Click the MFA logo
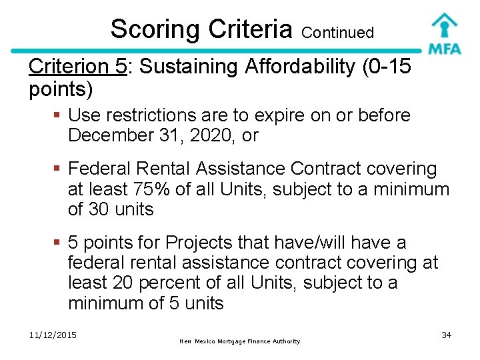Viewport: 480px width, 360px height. coord(444,33)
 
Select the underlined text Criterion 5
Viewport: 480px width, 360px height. coord(77,67)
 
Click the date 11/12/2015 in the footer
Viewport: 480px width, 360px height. coord(53,335)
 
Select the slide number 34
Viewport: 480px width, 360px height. coord(447,335)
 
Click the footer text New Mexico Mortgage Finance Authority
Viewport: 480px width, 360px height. coord(240,341)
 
